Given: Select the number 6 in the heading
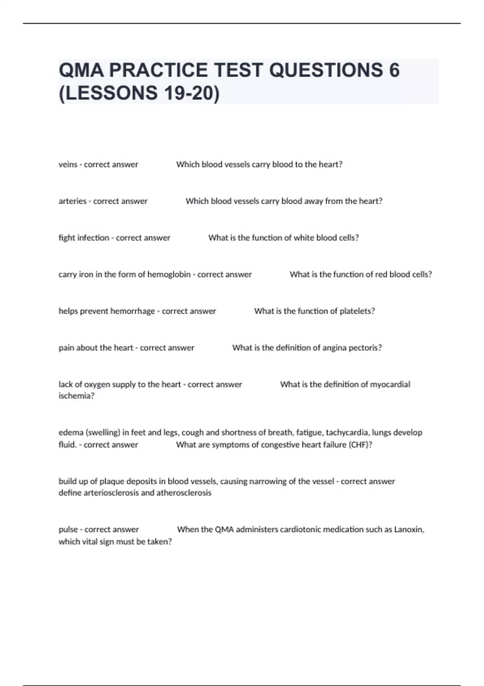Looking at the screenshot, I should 394,70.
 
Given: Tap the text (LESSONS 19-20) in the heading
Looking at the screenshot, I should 139,93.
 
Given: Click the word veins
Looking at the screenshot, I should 68,165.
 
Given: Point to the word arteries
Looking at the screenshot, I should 72,201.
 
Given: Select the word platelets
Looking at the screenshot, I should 357,311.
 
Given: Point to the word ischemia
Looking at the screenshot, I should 76,396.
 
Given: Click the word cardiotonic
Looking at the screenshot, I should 270,529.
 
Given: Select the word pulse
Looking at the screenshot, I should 68,529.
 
